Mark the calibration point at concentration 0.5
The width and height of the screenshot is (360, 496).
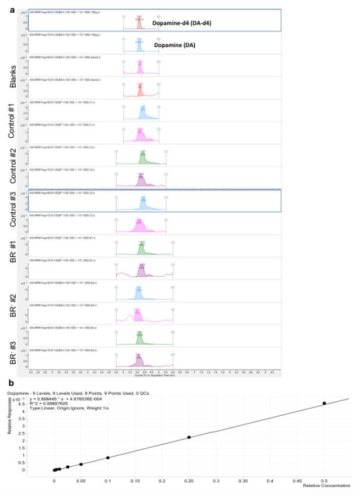tap(325, 403)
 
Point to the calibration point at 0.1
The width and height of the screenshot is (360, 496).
tap(108, 458)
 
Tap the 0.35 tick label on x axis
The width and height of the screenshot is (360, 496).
tap(216, 480)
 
